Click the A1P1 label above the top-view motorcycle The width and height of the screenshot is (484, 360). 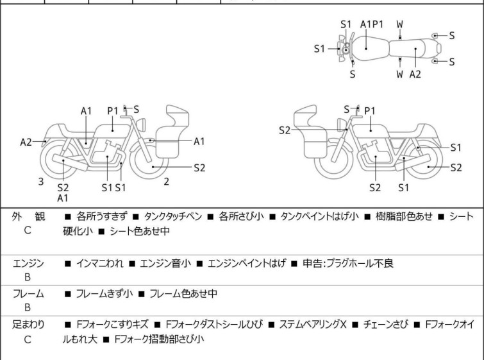click(372, 24)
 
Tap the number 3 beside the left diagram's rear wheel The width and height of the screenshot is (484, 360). click(41, 182)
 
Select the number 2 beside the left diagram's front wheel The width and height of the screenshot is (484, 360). click(166, 182)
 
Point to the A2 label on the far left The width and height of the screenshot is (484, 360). click(26, 142)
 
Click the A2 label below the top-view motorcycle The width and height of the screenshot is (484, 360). click(415, 74)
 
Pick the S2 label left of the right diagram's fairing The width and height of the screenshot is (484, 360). click(285, 130)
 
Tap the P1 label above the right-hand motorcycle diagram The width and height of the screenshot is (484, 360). click(370, 111)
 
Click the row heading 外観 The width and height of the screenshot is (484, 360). click(27, 217)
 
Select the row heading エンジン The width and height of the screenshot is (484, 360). click(28, 264)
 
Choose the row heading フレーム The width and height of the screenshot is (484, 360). click(28, 294)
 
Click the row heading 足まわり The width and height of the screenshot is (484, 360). click(28, 325)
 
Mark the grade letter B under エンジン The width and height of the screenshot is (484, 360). click(28, 277)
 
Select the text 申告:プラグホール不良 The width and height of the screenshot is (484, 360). click(356, 264)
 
